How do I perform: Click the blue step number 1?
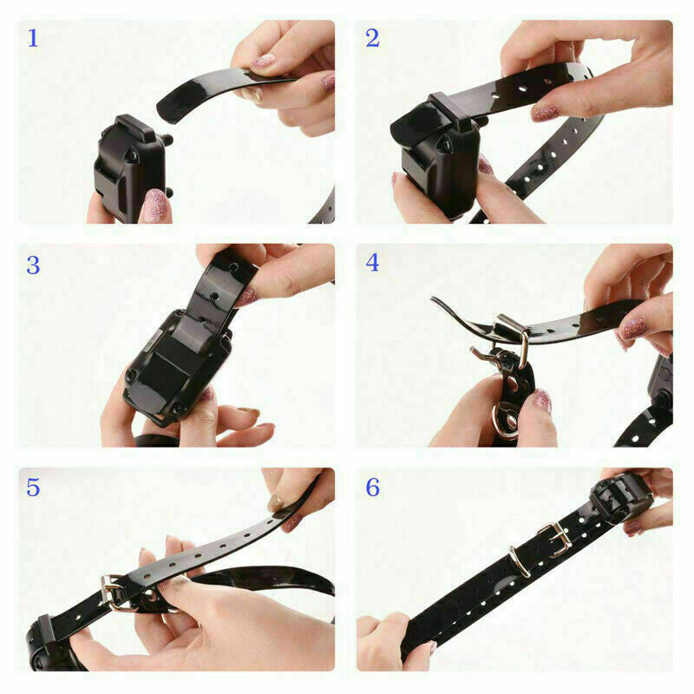point(33,39)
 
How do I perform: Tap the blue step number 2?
point(372,39)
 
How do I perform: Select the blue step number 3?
point(33,265)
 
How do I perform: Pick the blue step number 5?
point(33,488)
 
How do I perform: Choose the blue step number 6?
point(372,488)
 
